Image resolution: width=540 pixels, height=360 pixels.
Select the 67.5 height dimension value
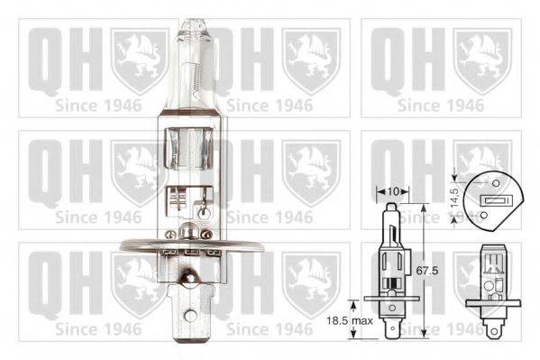(x=435, y=272)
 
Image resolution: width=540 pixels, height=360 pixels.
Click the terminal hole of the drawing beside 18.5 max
(x=393, y=327)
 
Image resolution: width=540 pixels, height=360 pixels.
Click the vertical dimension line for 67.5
(x=424, y=271)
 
